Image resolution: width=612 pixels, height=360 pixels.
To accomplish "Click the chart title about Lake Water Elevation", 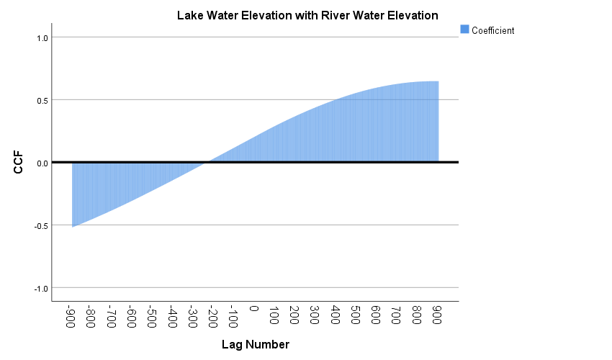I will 307,15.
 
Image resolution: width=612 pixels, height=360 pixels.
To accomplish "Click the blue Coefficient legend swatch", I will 464,30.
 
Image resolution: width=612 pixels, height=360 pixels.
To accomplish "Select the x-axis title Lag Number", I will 255,345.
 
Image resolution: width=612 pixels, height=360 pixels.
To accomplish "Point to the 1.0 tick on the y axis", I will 41,37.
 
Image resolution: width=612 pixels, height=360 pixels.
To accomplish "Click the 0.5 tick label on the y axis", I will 41,100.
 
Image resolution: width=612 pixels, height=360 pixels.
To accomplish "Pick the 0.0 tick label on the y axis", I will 41,163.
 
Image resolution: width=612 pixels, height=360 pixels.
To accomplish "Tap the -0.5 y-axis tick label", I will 40,225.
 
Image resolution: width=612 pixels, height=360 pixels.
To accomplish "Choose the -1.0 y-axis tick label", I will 40,288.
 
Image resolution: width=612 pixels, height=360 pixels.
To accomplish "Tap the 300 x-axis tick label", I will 315,314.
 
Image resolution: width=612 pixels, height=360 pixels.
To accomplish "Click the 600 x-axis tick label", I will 376,314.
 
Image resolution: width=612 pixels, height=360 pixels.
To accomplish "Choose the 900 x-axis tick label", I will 437,314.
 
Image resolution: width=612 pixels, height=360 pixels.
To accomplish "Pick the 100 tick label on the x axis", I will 274,314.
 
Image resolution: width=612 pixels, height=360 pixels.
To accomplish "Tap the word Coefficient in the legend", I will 492,30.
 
